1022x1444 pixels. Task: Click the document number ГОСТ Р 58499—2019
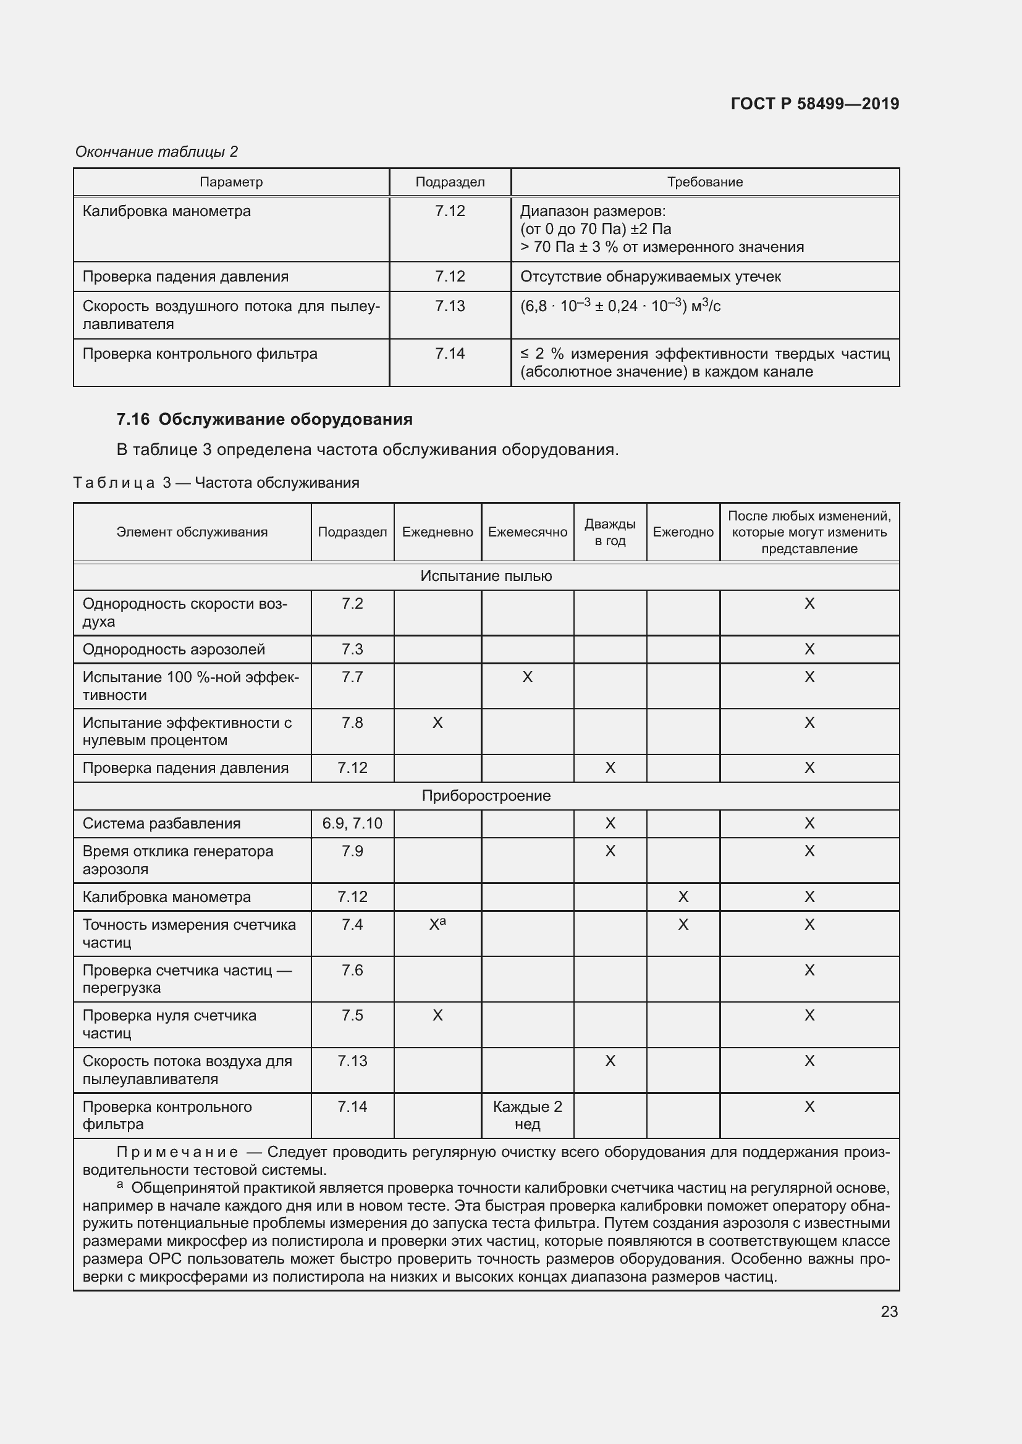click(x=814, y=104)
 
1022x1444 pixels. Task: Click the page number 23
click(x=889, y=1311)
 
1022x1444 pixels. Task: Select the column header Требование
click(x=704, y=182)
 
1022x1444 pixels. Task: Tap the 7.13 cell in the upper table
click(x=449, y=306)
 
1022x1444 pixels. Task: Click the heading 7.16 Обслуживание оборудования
click(x=264, y=419)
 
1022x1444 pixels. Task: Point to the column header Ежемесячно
click(x=526, y=532)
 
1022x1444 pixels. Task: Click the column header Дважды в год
click(x=609, y=532)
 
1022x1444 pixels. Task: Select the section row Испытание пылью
click(x=486, y=576)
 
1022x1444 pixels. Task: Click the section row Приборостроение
click(x=486, y=796)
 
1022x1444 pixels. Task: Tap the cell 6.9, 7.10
click(x=352, y=824)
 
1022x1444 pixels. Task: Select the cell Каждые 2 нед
click(x=526, y=1115)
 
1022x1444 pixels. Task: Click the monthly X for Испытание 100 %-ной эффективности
click(x=526, y=677)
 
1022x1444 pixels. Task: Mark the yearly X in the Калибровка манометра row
click(x=682, y=897)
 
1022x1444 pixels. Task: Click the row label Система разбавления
click(x=162, y=824)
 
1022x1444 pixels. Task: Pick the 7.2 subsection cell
click(x=352, y=604)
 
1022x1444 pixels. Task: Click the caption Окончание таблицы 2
click(x=156, y=152)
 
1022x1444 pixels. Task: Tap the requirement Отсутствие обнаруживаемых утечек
click(x=650, y=277)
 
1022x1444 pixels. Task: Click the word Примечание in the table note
click(x=177, y=1152)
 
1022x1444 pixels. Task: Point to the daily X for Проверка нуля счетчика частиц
click(x=437, y=1015)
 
